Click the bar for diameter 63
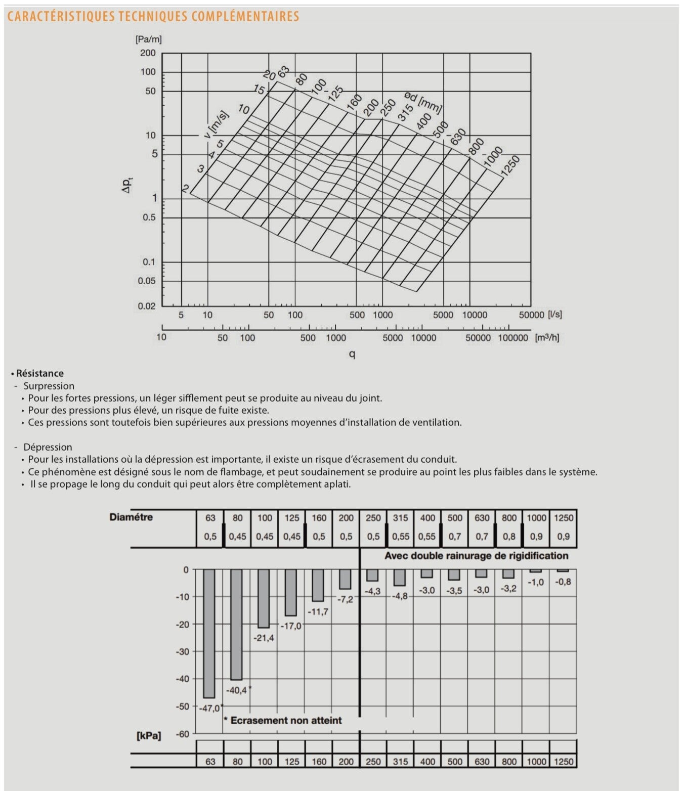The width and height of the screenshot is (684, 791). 209,633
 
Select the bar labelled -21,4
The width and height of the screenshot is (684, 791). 264,598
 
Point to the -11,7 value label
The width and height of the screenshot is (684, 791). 318,611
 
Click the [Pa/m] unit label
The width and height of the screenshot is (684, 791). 148,38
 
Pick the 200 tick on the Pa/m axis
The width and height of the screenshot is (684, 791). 148,53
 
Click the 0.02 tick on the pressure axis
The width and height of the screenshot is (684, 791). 147,306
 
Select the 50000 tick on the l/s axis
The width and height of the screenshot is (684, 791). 531,315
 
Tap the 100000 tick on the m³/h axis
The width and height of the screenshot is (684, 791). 512,338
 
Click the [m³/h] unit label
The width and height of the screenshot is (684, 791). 547,337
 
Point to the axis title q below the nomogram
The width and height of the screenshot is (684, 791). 352,354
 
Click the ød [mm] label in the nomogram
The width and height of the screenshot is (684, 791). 423,102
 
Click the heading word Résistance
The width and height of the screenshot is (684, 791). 40,373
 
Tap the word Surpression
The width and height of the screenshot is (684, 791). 49,386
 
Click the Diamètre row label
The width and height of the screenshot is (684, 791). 131,517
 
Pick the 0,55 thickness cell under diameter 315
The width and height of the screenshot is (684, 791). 400,537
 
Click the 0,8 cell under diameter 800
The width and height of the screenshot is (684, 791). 509,537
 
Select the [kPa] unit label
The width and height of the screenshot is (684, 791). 149,735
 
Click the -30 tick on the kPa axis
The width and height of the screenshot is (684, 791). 182,651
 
